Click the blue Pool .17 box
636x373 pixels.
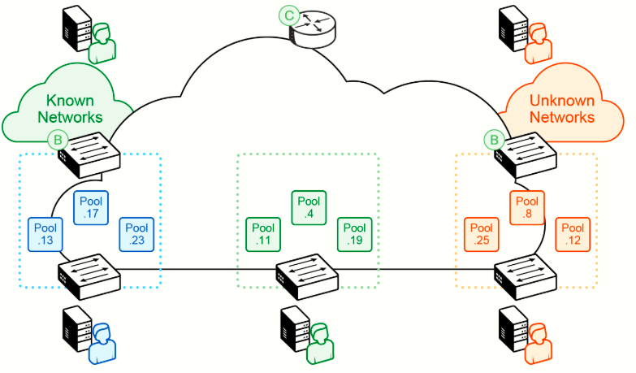91,207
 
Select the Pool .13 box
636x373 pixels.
45,234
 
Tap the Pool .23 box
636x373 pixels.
136,234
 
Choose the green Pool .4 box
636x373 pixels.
309,207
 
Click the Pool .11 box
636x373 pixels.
263,234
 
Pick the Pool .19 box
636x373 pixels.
354,234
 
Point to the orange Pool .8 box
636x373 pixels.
527,207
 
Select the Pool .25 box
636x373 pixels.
482,234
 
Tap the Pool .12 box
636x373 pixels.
573,234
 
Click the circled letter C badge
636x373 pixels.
289,15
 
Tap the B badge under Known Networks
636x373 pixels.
58,140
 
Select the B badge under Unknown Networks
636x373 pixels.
494,140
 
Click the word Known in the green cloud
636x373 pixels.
70,100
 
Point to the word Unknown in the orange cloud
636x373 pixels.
562,100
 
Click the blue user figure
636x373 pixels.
102,344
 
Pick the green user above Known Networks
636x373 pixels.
102,43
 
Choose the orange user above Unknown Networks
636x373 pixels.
539,43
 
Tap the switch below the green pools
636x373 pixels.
307,277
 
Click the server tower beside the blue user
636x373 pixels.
77,328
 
